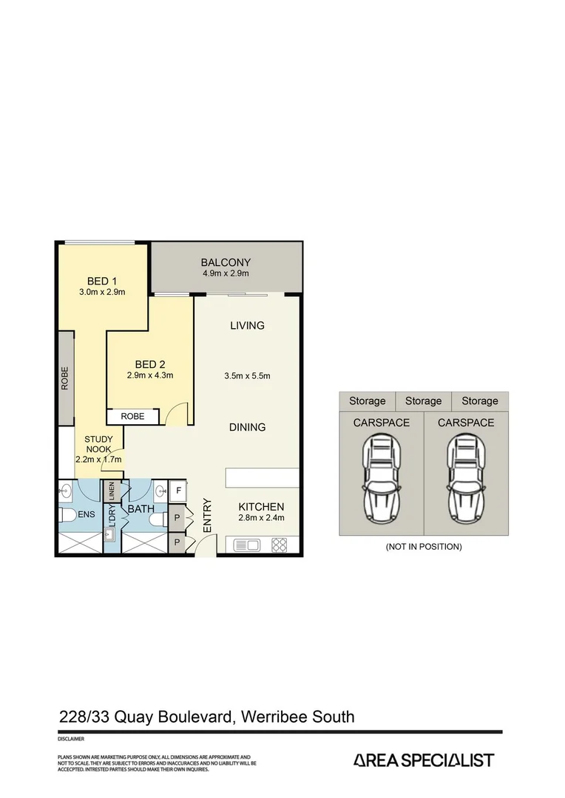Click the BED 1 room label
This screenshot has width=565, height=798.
pyautogui.click(x=102, y=281)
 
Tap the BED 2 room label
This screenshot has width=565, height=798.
pyautogui.click(x=149, y=364)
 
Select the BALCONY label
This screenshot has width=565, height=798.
pyautogui.click(x=226, y=262)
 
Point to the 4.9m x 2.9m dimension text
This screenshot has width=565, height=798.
pyautogui.click(x=226, y=274)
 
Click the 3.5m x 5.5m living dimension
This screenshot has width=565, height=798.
pyautogui.click(x=247, y=375)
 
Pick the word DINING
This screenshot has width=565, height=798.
pyautogui.click(x=247, y=427)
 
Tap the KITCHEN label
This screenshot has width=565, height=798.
pyautogui.click(x=261, y=507)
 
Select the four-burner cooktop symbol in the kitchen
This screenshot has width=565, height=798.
pyautogui.click(x=280, y=546)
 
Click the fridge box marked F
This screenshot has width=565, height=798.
pyautogui.click(x=178, y=490)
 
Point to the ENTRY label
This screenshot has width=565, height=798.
pyautogui.click(x=207, y=516)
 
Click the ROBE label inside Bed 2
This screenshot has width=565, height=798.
pyautogui.click(x=133, y=417)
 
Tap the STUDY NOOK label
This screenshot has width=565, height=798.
pyautogui.click(x=98, y=443)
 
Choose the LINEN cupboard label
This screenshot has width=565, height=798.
pyautogui.click(x=112, y=490)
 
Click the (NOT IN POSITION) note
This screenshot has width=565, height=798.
pyautogui.click(x=424, y=547)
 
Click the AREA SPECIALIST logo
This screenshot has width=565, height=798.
pyautogui.click(x=424, y=760)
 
